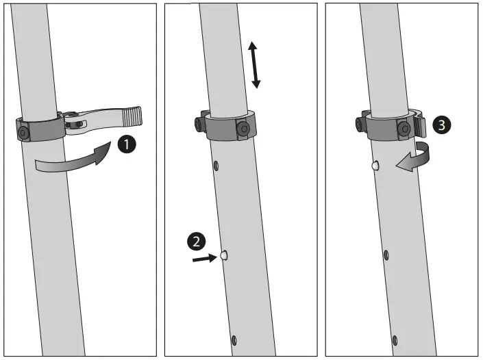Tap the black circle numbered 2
(x=196, y=241)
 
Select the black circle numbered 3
(x=443, y=125)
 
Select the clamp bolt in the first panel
(x=23, y=131)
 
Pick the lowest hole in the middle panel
(x=234, y=339)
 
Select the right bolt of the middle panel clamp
(x=242, y=128)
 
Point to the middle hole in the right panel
(x=386, y=255)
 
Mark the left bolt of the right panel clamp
(x=360, y=124)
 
